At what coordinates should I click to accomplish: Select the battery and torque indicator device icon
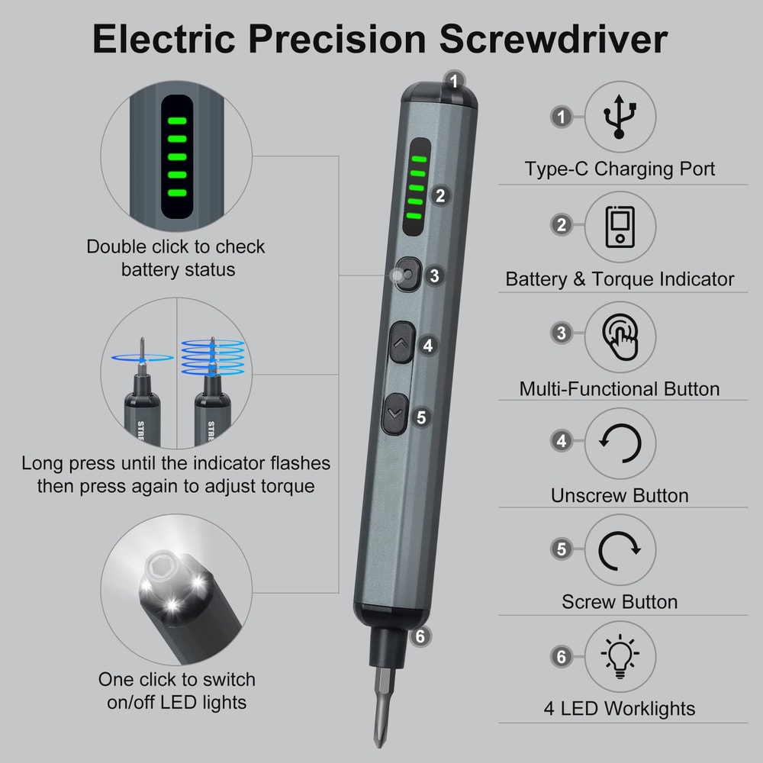[620, 227]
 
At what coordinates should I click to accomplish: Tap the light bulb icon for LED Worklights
[620, 656]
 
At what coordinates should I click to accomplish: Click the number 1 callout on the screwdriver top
[455, 80]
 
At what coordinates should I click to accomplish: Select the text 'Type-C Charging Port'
[620, 169]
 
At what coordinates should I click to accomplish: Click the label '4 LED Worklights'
[620, 708]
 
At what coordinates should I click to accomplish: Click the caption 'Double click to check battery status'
[176, 258]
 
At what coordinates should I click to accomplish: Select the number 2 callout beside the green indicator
[439, 195]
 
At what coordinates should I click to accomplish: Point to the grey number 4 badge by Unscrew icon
[562, 441]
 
